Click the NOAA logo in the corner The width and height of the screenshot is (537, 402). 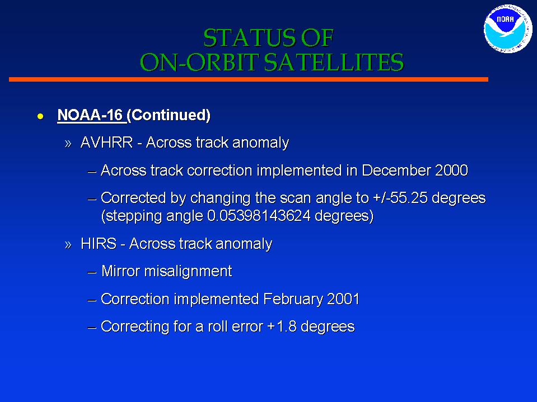(x=507, y=29)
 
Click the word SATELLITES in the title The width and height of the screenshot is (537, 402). (x=334, y=62)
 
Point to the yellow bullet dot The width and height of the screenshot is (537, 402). (x=40, y=116)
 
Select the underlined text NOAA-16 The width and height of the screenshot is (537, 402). (x=90, y=115)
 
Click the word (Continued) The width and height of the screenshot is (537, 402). (x=169, y=115)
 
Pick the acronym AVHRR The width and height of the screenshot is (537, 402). (x=106, y=143)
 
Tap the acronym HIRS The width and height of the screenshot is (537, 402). (x=99, y=244)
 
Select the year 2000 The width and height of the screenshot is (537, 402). (x=451, y=170)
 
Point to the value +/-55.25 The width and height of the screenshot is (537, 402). (x=400, y=198)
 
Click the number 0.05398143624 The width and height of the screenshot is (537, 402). (x=259, y=216)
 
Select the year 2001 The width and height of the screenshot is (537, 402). (x=343, y=299)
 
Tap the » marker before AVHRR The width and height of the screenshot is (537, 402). (x=68, y=144)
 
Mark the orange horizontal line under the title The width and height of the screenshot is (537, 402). (x=248, y=79)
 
